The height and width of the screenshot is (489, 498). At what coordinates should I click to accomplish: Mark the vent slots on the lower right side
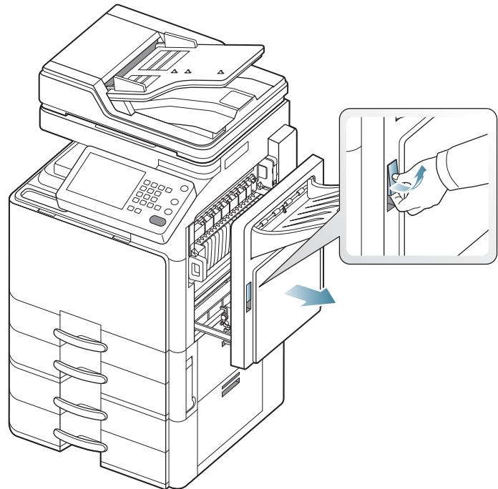(x=231, y=387)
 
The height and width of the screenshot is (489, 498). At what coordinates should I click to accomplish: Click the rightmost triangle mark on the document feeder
(x=220, y=71)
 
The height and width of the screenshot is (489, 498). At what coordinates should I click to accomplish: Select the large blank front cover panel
(x=86, y=243)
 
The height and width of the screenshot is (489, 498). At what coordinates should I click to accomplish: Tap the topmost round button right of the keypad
(x=185, y=188)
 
